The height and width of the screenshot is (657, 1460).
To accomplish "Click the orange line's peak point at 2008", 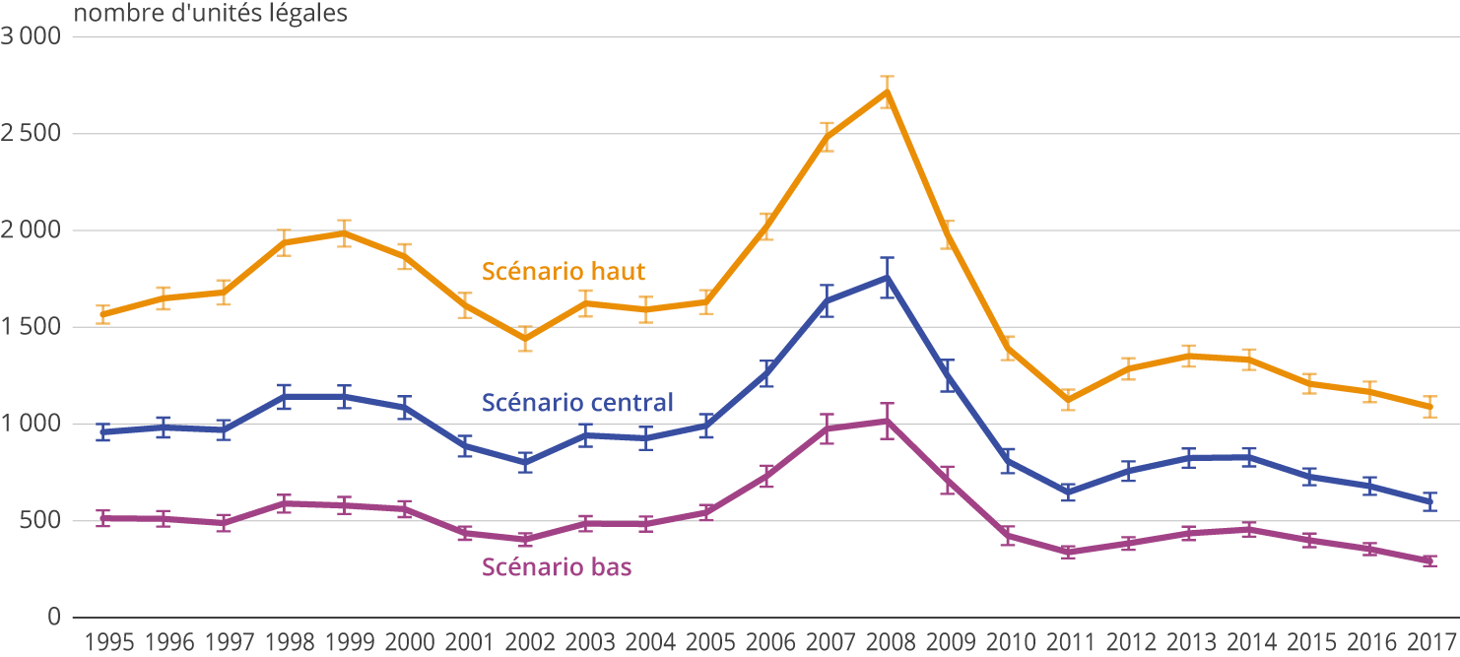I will pyautogui.click(x=887, y=92).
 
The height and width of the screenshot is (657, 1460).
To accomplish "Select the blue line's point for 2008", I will pyautogui.click(x=887, y=278).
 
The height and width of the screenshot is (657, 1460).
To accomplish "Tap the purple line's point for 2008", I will pyautogui.click(x=887, y=421).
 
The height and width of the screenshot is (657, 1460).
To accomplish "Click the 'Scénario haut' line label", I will pyautogui.click(x=564, y=270).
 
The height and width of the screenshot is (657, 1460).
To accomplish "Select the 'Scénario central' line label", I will pyautogui.click(x=577, y=402).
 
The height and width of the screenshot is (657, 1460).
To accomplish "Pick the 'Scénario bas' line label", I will pyautogui.click(x=557, y=566).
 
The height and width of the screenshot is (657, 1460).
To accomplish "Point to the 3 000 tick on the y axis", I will pyautogui.click(x=33, y=37).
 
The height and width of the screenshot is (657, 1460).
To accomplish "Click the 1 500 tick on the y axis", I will pyautogui.click(x=33, y=327).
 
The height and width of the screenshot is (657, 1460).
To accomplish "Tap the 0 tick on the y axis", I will pyautogui.click(x=53, y=618).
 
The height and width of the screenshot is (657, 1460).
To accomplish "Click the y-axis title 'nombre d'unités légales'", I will pyautogui.click(x=211, y=15).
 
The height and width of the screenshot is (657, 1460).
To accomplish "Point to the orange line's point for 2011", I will pyautogui.click(x=1068, y=400).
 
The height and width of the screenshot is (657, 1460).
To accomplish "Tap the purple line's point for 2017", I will pyautogui.click(x=1428, y=560).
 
